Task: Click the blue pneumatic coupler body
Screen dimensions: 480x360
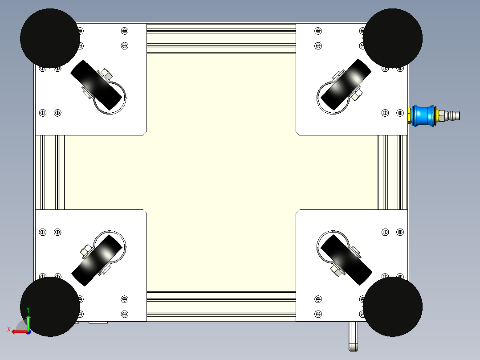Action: point(424,116)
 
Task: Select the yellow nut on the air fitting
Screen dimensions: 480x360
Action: point(409,116)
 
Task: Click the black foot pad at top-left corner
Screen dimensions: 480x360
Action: point(50,38)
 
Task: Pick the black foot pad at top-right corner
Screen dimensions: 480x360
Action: point(392,38)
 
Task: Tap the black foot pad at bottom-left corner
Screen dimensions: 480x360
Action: point(50,307)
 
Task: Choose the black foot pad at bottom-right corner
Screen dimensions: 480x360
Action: point(392,307)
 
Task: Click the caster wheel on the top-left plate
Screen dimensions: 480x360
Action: point(96,85)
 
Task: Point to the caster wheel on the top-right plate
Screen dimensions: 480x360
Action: point(346,85)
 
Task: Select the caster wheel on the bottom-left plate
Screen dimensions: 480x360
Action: point(97,261)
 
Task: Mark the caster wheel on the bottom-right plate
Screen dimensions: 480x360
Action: point(346,260)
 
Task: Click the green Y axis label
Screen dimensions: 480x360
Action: point(28,310)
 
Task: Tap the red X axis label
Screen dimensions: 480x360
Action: point(9,330)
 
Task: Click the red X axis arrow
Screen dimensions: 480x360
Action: point(20,332)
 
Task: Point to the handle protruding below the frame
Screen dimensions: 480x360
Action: point(353,336)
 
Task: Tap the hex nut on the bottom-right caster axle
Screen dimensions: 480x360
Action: point(336,270)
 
